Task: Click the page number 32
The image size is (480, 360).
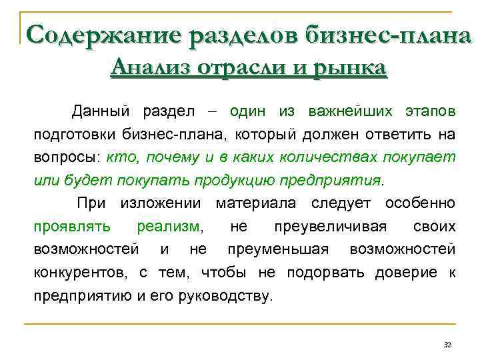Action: click(447, 345)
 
